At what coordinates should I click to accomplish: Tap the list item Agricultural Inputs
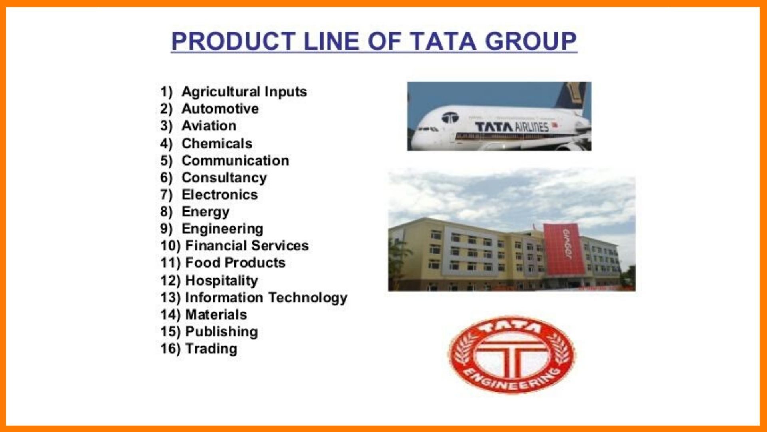pyautogui.click(x=244, y=92)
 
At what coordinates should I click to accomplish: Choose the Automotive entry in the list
pyautogui.click(x=220, y=108)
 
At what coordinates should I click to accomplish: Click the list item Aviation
pyautogui.click(x=209, y=126)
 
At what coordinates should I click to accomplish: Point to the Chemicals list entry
pyautogui.click(x=217, y=143)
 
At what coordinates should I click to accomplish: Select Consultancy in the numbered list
pyautogui.click(x=224, y=178)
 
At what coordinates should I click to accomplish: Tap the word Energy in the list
pyautogui.click(x=205, y=212)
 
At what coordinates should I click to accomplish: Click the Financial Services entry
pyautogui.click(x=247, y=245)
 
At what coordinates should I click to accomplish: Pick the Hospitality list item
pyautogui.click(x=222, y=281)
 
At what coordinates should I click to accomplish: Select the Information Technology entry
pyautogui.click(x=266, y=298)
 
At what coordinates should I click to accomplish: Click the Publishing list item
pyautogui.click(x=222, y=332)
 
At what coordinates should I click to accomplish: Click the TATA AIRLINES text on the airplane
pyautogui.click(x=512, y=127)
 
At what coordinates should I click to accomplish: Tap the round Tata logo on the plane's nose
pyautogui.click(x=450, y=118)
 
